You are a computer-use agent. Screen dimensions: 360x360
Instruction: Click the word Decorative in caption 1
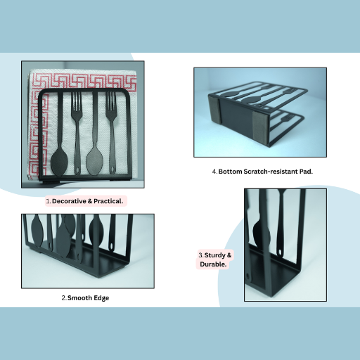69,201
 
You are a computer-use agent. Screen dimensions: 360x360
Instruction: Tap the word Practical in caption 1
108,201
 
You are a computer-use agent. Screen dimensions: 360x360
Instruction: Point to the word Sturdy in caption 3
215,255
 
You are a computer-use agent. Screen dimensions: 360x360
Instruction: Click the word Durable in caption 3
213,264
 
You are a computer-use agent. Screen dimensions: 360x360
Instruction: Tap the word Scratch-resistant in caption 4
271,172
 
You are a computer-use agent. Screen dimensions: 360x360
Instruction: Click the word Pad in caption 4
306,172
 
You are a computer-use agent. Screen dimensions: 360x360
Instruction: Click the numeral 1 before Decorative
49,201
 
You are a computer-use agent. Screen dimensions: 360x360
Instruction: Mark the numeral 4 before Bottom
214,172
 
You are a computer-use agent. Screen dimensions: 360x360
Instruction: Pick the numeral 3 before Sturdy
201,255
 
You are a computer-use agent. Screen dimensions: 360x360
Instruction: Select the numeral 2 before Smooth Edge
64,298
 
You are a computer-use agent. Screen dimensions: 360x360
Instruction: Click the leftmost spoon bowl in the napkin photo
59,162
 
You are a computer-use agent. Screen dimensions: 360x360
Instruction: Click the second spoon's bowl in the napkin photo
95,162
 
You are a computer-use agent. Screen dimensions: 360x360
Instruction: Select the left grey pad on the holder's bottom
213,110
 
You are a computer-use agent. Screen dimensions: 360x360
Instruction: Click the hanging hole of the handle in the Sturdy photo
279,252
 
